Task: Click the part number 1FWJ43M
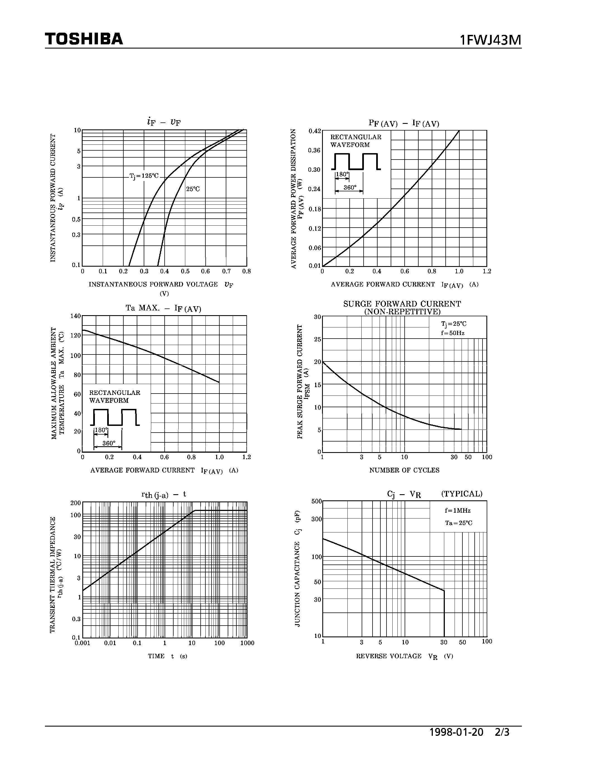490,41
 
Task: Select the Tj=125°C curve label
144,176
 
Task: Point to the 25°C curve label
193,189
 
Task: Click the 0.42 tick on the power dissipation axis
314,131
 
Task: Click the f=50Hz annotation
453,333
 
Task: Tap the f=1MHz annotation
457,511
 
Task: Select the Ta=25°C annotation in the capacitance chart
458,523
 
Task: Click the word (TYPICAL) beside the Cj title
462,494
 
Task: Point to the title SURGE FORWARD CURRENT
402,304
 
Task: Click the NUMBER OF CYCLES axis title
404,470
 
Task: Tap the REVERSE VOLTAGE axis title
388,656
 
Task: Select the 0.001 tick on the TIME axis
82,643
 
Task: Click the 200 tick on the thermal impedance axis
76,503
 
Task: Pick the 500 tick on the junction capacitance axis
316,501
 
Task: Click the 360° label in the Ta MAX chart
109,443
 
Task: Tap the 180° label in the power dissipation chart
342,175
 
